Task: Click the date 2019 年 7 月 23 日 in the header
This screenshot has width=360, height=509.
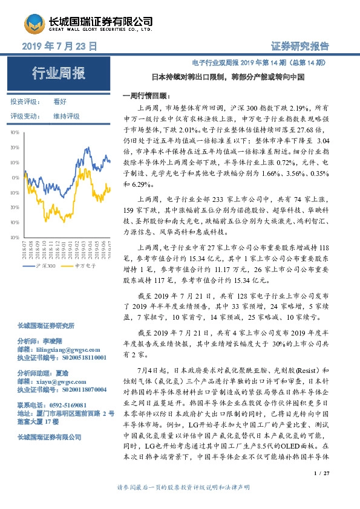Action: (x=59, y=45)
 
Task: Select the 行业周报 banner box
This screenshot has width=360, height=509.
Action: (x=59, y=73)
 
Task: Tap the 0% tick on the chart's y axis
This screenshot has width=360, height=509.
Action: (x=15, y=178)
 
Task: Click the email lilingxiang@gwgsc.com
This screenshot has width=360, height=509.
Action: (x=62, y=349)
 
